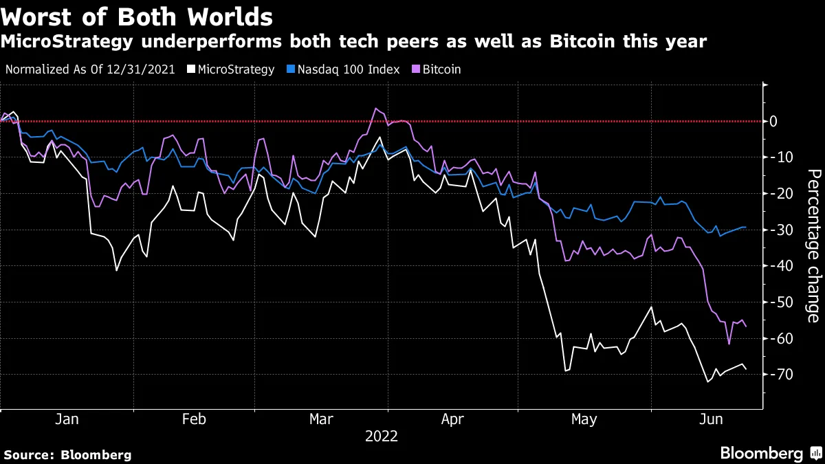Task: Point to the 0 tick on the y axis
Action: pyautogui.click(x=773, y=122)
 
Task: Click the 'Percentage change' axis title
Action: pyautogui.click(x=813, y=245)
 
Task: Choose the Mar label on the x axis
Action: pyautogui.click(x=322, y=419)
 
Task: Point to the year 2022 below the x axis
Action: pyautogui.click(x=381, y=437)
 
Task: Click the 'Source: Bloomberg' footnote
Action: pyautogui.click(x=67, y=454)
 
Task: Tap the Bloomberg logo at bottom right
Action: pyautogui.click(x=770, y=453)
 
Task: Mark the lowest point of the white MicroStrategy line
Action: pyautogui.click(x=708, y=382)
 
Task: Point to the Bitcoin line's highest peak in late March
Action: pyautogui.click(x=375, y=108)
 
